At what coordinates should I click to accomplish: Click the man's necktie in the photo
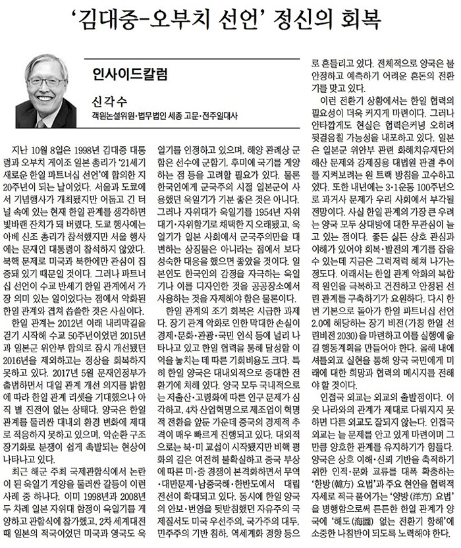pos(43,123)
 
